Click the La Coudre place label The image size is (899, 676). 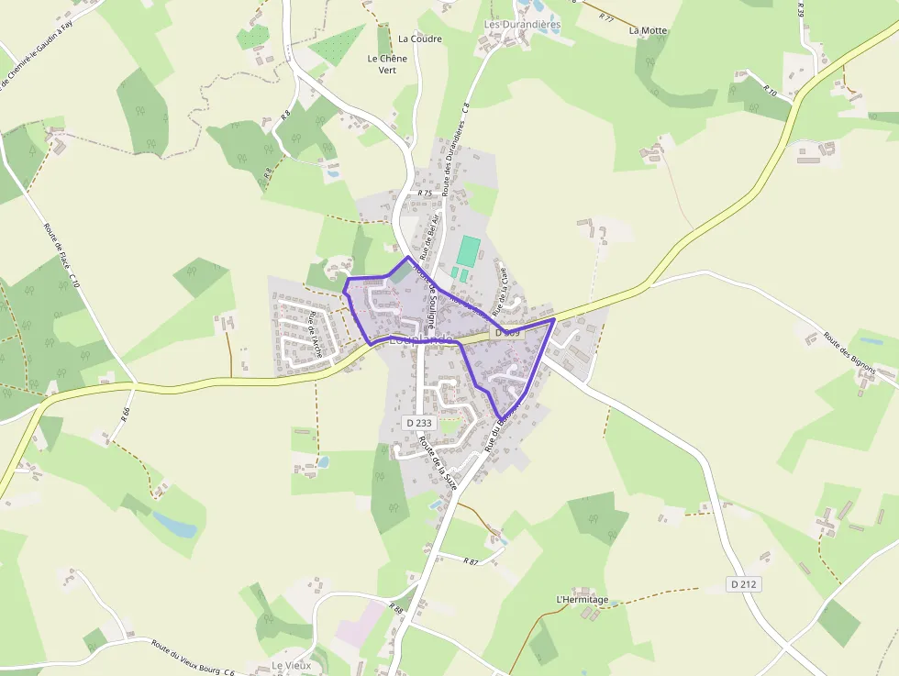coord(420,39)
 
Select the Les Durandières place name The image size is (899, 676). coord(522,24)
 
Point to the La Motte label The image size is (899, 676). coord(648,30)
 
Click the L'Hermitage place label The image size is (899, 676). coord(583,600)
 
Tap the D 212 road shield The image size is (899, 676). coord(745,584)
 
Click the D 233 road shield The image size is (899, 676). coord(417,423)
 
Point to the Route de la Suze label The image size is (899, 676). coord(438,462)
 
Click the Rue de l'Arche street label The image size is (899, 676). coord(316,334)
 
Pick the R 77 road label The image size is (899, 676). coord(605,17)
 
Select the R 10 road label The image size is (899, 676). coord(770,92)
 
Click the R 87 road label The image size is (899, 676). coord(472,560)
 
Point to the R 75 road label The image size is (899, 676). coord(424,194)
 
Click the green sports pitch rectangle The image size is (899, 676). coord(470,250)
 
